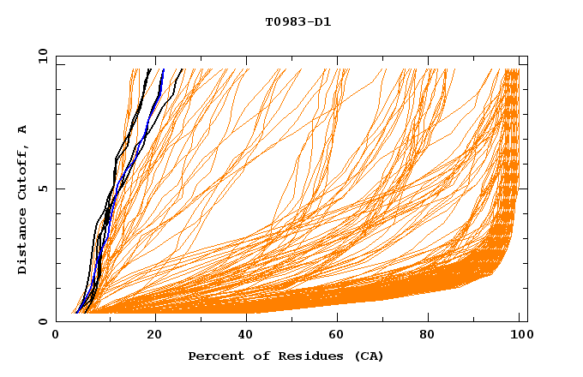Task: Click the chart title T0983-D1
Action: (298, 22)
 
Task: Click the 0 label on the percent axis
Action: (57, 336)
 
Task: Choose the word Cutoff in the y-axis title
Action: (23, 171)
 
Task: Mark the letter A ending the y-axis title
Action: (23, 129)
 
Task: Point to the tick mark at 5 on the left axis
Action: (60, 188)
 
